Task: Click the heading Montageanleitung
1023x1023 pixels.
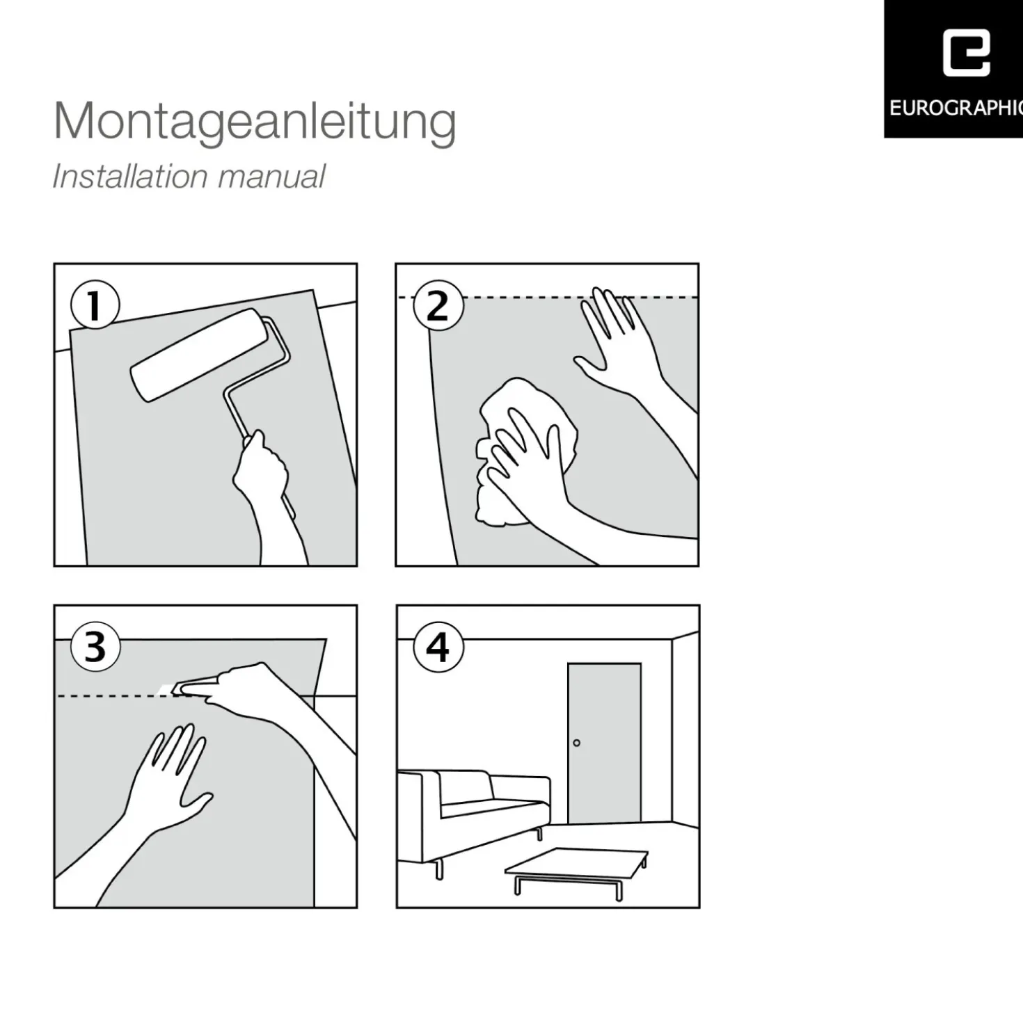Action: click(255, 122)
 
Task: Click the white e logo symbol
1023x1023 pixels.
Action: click(966, 54)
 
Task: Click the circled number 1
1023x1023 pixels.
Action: click(95, 305)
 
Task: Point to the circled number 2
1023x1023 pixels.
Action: click(438, 306)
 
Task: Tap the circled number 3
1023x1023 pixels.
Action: click(95, 647)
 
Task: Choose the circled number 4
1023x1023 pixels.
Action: click(438, 647)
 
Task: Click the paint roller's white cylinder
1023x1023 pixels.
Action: click(198, 354)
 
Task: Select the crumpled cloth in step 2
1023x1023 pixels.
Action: click(526, 451)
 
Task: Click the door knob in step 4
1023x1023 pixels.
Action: click(577, 743)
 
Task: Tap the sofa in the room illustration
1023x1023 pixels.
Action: click(473, 818)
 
